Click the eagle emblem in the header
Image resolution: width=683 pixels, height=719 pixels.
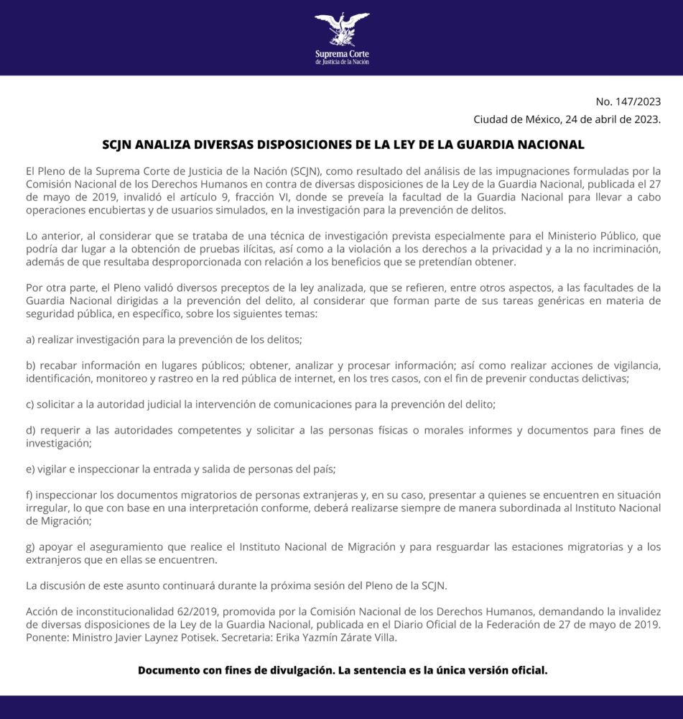[342, 29]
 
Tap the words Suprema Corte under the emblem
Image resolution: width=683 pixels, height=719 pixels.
[342, 54]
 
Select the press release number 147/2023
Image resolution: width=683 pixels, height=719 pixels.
[638, 101]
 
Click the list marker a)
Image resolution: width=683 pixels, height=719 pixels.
[31, 339]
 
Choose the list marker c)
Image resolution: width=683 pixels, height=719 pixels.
[31, 404]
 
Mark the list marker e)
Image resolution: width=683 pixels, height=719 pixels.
[31, 470]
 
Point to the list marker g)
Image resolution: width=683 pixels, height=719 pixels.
[31, 547]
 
